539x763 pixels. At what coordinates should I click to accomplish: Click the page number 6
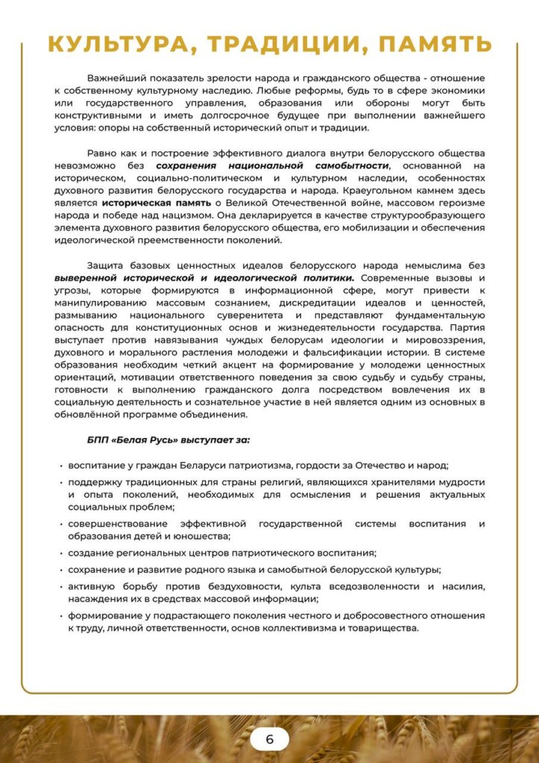(x=269, y=739)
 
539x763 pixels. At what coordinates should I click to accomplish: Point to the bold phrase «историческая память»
(x=157, y=202)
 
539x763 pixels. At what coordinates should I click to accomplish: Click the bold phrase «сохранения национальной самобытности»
(x=273, y=165)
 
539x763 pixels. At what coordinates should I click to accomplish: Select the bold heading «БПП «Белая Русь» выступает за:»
(x=168, y=439)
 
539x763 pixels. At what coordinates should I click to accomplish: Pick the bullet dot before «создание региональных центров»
(x=60, y=553)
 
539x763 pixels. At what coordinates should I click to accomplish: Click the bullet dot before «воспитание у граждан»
(x=60, y=466)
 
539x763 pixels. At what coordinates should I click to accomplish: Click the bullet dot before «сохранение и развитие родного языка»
(x=60, y=570)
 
